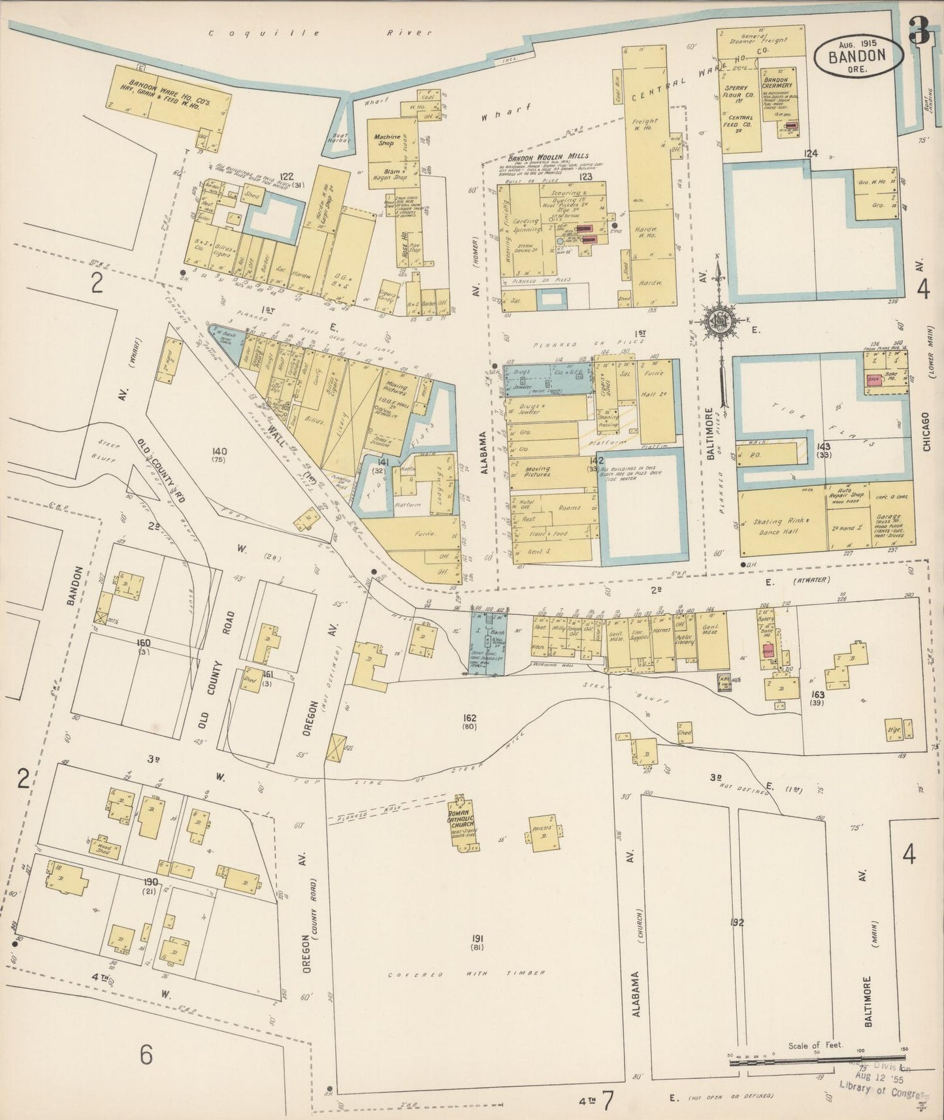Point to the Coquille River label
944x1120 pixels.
click(320, 33)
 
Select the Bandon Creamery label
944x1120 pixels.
click(777, 82)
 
